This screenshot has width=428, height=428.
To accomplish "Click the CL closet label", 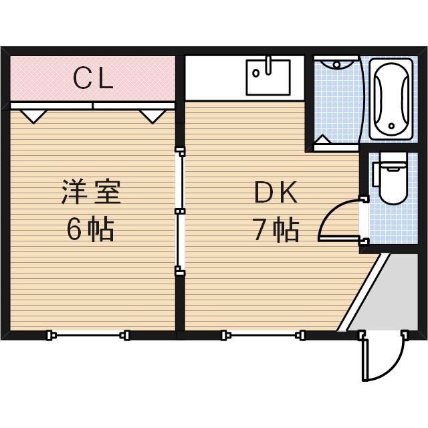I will pyautogui.click(x=94, y=79).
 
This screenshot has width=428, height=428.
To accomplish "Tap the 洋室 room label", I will pyautogui.click(x=92, y=193).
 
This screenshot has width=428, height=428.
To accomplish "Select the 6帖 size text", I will pyautogui.click(x=90, y=229).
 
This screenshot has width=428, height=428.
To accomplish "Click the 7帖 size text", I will pyautogui.click(x=276, y=230).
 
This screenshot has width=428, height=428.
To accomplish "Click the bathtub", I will pyautogui.click(x=392, y=99).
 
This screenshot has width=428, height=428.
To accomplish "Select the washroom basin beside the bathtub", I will pyautogui.click(x=336, y=64).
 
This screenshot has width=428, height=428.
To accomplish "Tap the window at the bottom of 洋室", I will pyautogui.click(x=88, y=334).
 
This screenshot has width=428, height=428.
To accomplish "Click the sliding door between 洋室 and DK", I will pyautogui.click(x=179, y=211).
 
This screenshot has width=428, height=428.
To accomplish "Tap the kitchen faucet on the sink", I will pyautogui.click(x=268, y=66).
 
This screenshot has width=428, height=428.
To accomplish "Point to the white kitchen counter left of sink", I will pyautogui.click(x=214, y=79).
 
